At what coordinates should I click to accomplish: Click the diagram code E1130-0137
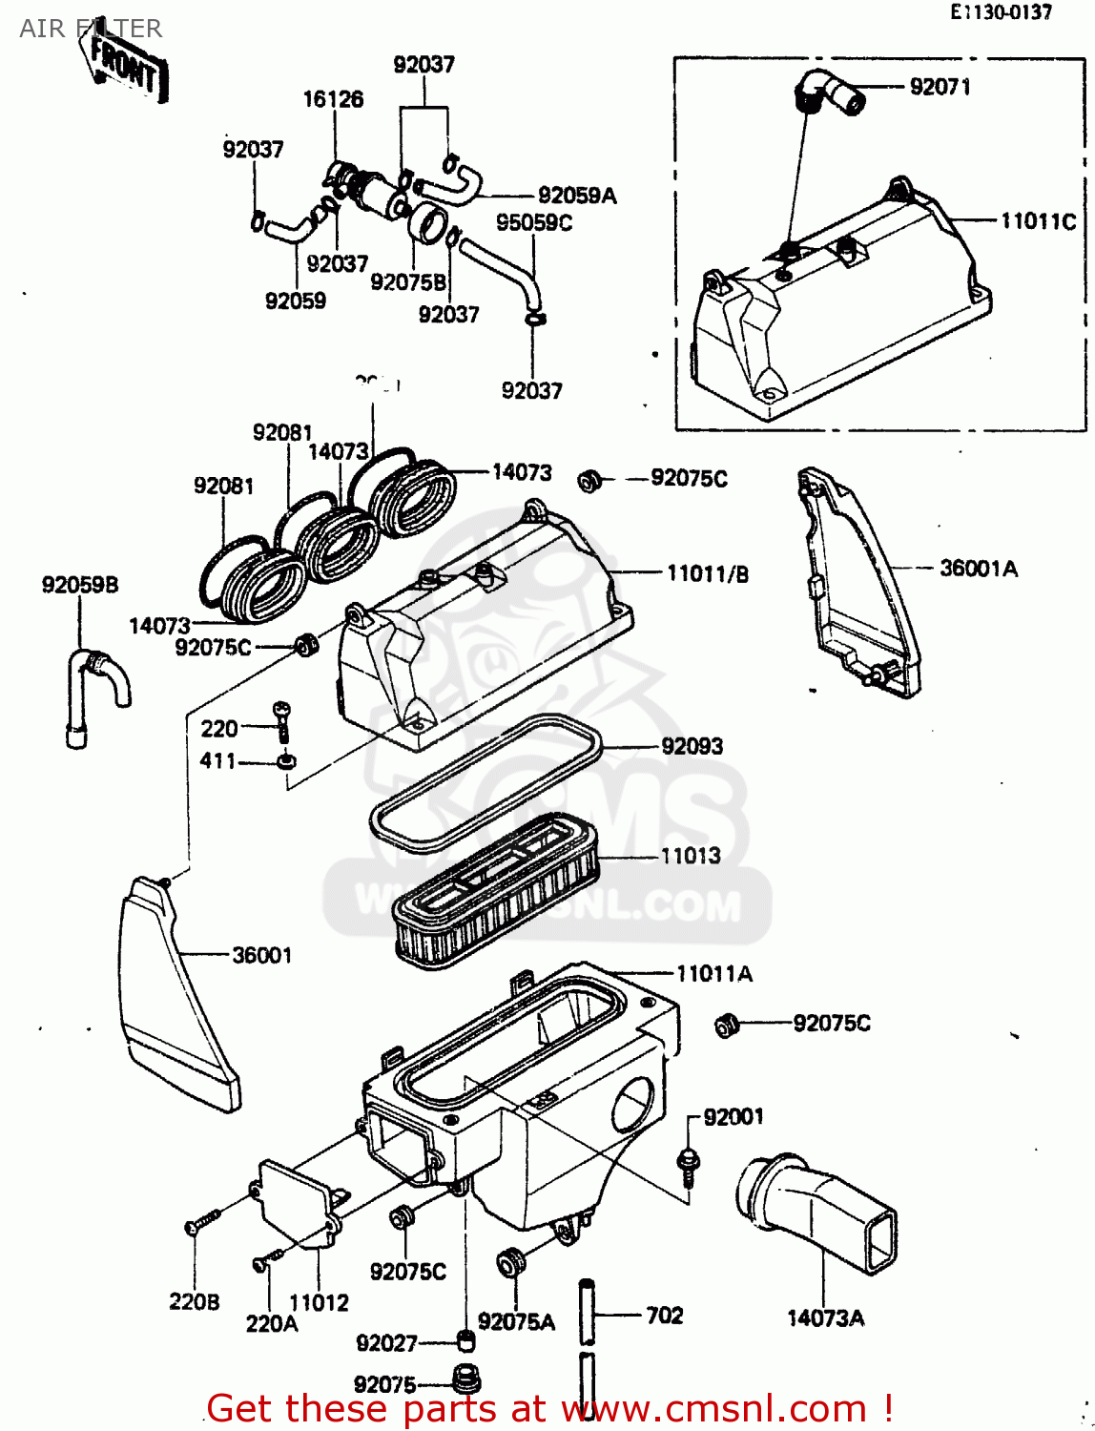click(1001, 12)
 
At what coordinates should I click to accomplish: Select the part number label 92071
click(940, 87)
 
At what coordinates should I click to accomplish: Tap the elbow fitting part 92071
click(827, 93)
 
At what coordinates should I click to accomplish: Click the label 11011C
click(1038, 221)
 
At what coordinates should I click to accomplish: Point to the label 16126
click(333, 99)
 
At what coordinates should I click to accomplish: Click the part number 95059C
click(534, 222)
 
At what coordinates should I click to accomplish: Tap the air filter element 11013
click(496, 887)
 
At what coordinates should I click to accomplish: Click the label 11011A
click(713, 974)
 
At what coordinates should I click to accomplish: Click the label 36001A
click(979, 569)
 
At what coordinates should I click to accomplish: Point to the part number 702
click(665, 1316)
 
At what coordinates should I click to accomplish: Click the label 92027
click(386, 1343)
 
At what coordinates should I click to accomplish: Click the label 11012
click(319, 1302)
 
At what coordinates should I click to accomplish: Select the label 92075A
click(516, 1321)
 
